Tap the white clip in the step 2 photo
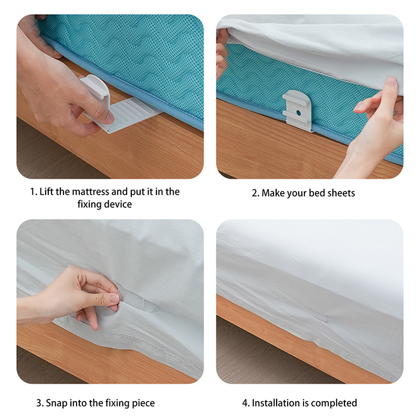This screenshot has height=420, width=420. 298,111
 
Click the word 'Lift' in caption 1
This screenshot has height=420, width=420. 47,192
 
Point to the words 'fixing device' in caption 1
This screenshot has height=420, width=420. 104,204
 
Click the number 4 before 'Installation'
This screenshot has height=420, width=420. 245,403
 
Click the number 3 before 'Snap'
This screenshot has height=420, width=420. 39,403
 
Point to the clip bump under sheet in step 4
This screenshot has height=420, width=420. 320,318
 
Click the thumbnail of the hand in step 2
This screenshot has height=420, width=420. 391,81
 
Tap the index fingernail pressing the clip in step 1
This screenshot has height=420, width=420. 109,118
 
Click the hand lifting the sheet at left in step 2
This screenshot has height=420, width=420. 222,52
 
